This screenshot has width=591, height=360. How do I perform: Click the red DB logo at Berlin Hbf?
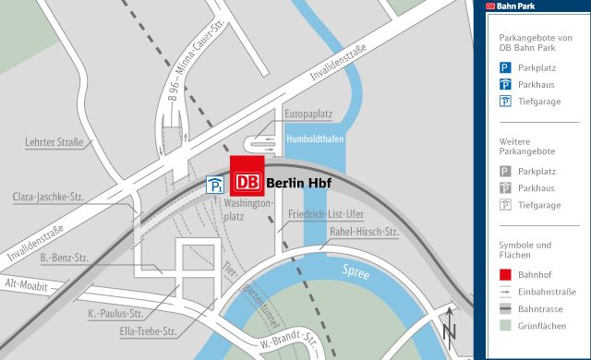[x=247, y=181]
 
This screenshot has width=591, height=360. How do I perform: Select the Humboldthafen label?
[x=315, y=139]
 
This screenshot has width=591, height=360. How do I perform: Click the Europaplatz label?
[x=308, y=114]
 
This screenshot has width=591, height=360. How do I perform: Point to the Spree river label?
[x=355, y=272]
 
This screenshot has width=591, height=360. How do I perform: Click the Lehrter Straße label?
[x=54, y=142]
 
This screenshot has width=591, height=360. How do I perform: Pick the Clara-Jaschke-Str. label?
[x=48, y=197]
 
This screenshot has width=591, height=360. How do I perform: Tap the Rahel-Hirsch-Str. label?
[x=364, y=232]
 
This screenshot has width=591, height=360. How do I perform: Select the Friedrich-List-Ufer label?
[x=326, y=213]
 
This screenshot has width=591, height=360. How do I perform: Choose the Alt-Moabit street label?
[x=26, y=285]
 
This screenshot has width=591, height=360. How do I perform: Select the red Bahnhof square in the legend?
[x=505, y=274]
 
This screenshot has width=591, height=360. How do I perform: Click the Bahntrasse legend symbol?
[x=505, y=307]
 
